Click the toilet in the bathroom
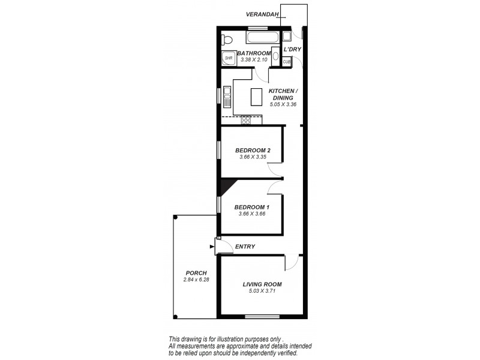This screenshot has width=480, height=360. coord(225,40)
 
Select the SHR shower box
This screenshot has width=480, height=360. coord(229,58)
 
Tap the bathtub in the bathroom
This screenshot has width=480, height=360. coord(262,39)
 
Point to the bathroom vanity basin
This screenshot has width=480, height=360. coord(275,57)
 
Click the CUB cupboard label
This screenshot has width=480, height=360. coord(286,61)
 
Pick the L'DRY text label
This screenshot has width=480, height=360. coord(292,49)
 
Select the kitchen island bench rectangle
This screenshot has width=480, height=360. coord(257,97)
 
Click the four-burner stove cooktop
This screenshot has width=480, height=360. coord(246,119)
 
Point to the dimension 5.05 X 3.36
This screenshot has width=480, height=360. coord(283,104)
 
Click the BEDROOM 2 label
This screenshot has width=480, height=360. coord(253,150)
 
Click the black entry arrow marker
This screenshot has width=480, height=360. coord(212,245)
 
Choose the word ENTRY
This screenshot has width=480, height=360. coord(245,247)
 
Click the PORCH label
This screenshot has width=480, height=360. coord(196,273)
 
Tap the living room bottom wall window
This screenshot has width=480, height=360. coord(262,316)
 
